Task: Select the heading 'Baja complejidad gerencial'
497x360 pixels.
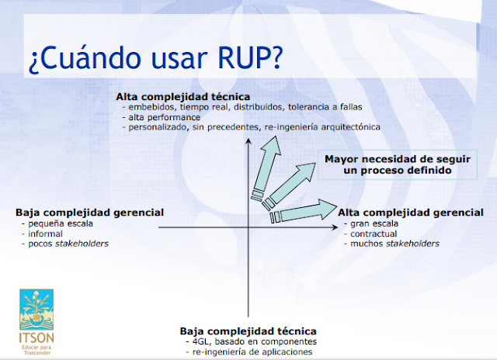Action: pyautogui.click(x=89, y=211)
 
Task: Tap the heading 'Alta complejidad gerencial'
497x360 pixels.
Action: pyautogui.click(x=409, y=211)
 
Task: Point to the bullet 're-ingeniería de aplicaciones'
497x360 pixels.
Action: pyautogui.click(x=252, y=352)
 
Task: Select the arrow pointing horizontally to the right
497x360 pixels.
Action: pyautogui.click(x=303, y=211)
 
